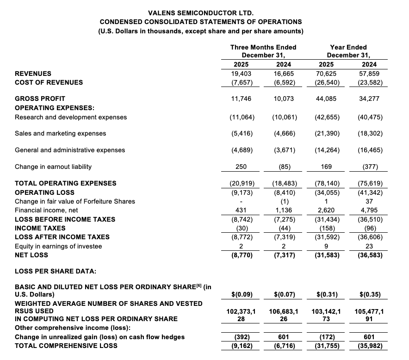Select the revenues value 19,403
(x=242, y=74)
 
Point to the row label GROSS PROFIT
(x=40, y=99)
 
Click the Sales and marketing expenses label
(x=60, y=133)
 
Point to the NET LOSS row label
(x=31, y=255)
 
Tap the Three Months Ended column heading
(x=263, y=47)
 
